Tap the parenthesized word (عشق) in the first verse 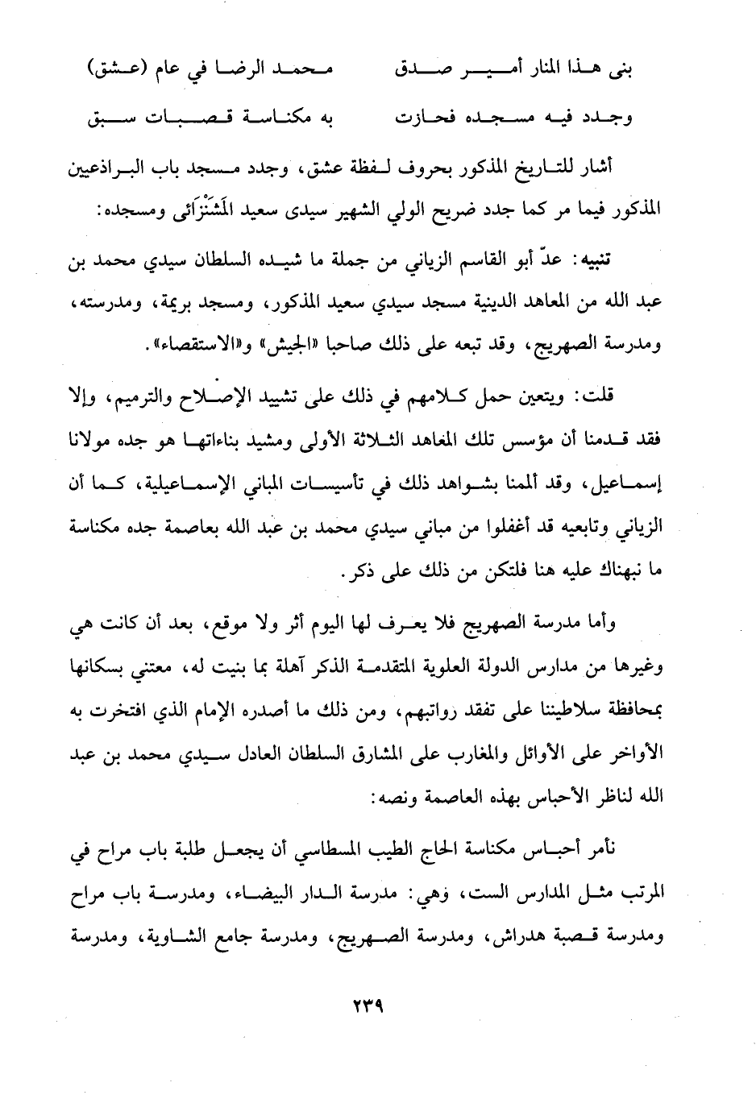pyautogui.click(x=118, y=71)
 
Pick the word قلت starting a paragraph pyautogui.click(x=617, y=396)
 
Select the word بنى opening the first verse pyautogui.click(x=618, y=71)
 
